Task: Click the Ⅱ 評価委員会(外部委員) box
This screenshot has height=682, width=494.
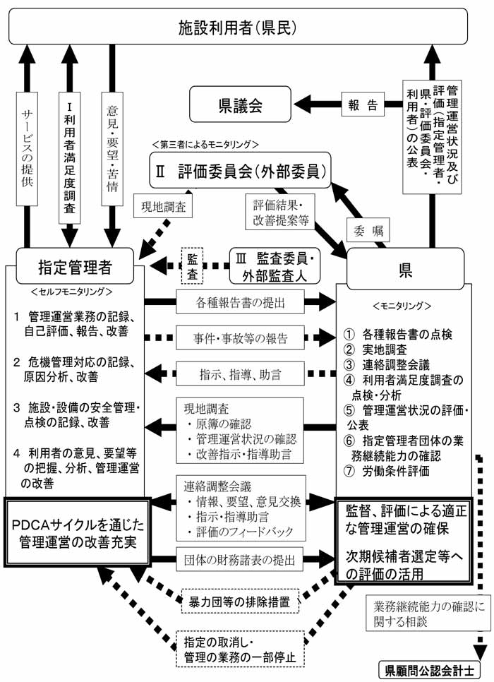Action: (x=241, y=170)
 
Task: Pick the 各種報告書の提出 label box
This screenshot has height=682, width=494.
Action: (x=241, y=301)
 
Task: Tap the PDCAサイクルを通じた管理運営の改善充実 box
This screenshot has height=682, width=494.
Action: (x=76, y=532)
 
